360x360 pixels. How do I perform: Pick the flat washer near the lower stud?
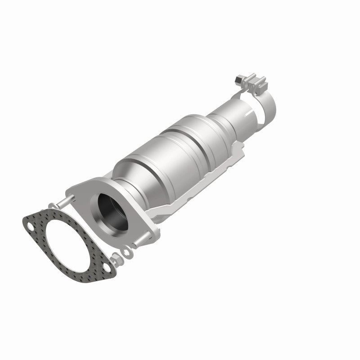[126, 252]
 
